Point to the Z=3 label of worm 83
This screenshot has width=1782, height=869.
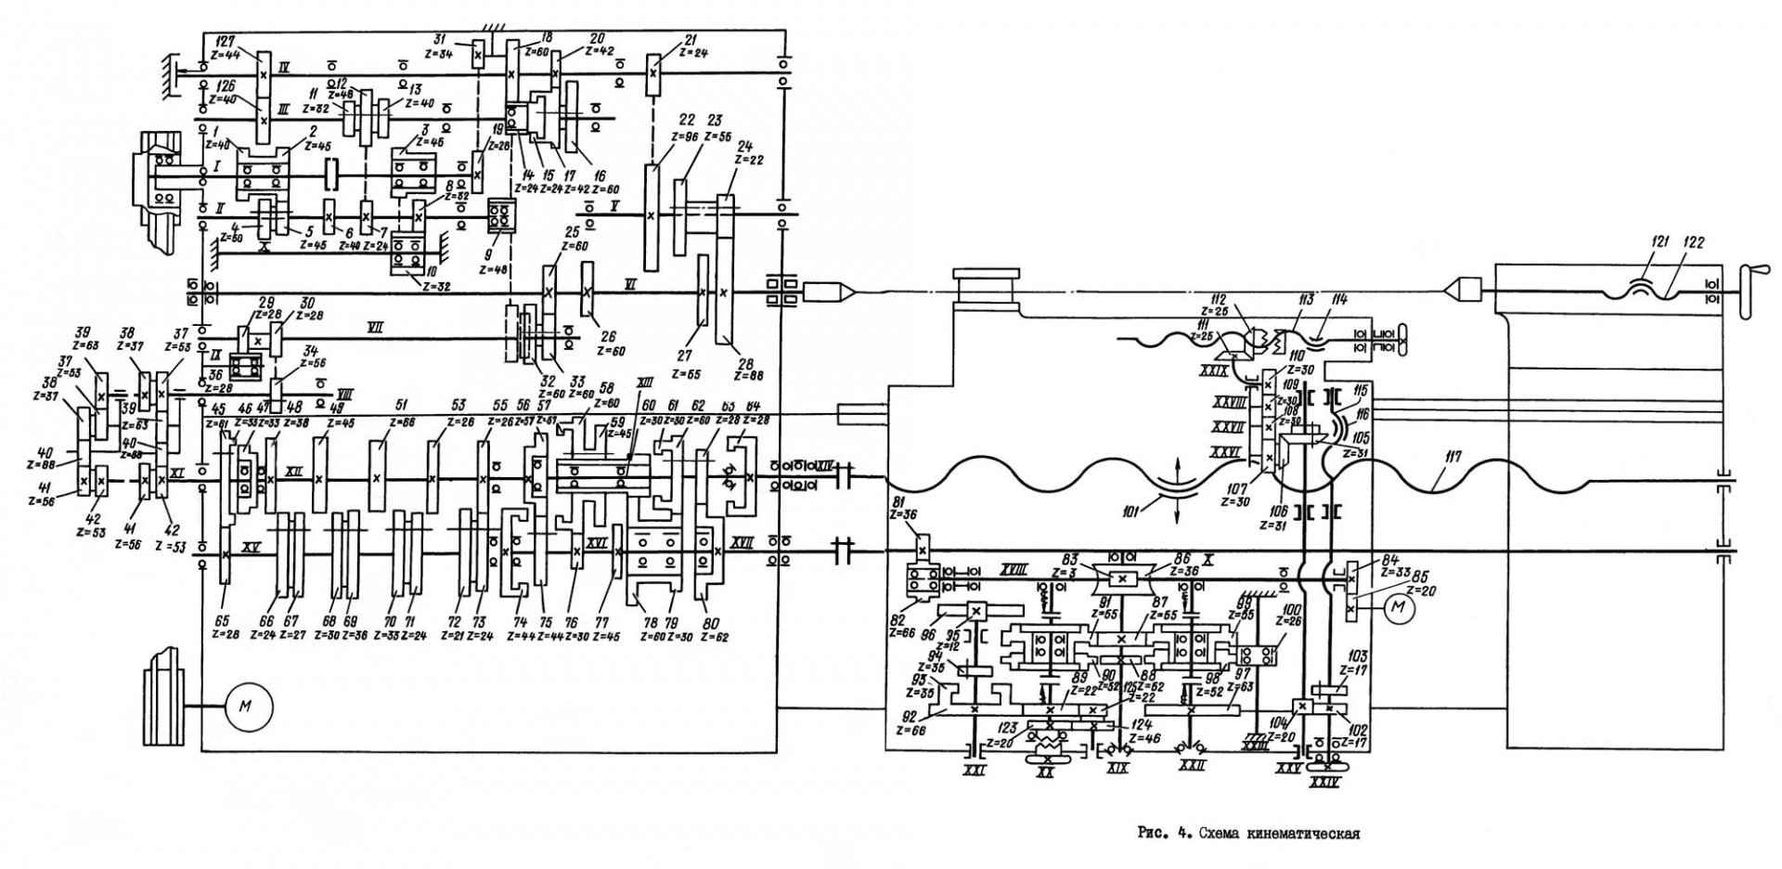(x=1070, y=572)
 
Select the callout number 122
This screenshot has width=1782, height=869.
(x=1694, y=243)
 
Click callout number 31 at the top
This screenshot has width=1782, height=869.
(x=441, y=40)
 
